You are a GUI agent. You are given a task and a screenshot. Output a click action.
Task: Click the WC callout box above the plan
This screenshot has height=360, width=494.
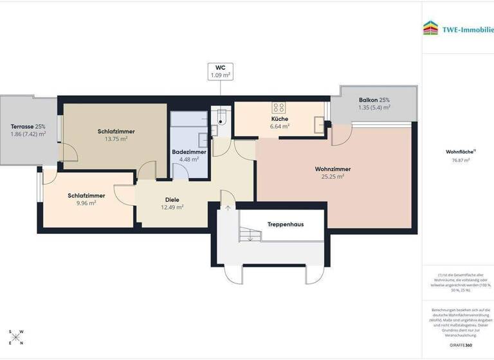click(x=221, y=71)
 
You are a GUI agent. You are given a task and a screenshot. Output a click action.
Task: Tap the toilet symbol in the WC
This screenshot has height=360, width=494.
click(x=222, y=116)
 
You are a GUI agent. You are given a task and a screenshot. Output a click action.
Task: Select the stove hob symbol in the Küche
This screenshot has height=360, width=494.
click(x=280, y=108)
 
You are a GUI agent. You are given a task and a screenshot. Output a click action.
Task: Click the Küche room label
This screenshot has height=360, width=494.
click(x=280, y=119)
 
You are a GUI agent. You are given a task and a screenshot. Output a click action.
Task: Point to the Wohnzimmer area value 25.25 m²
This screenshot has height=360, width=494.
click(x=333, y=176)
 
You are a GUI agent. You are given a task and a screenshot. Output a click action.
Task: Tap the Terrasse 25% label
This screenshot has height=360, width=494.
click(x=28, y=126)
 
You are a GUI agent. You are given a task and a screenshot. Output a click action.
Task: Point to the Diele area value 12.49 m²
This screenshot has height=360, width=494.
click(x=172, y=207)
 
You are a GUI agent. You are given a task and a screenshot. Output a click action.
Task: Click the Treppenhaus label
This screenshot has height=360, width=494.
click(x=286, y=224)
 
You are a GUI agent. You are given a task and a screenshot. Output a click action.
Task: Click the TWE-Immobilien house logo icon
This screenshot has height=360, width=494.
click(x=430, y=28)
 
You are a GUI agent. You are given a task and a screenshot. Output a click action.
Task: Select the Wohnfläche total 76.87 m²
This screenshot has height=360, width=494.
click(x=461, y=160)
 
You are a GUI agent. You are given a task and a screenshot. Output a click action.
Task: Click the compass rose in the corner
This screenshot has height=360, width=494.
click(x=17, y=338)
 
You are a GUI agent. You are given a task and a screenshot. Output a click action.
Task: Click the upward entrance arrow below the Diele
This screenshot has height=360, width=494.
click(x=228, y=207)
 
